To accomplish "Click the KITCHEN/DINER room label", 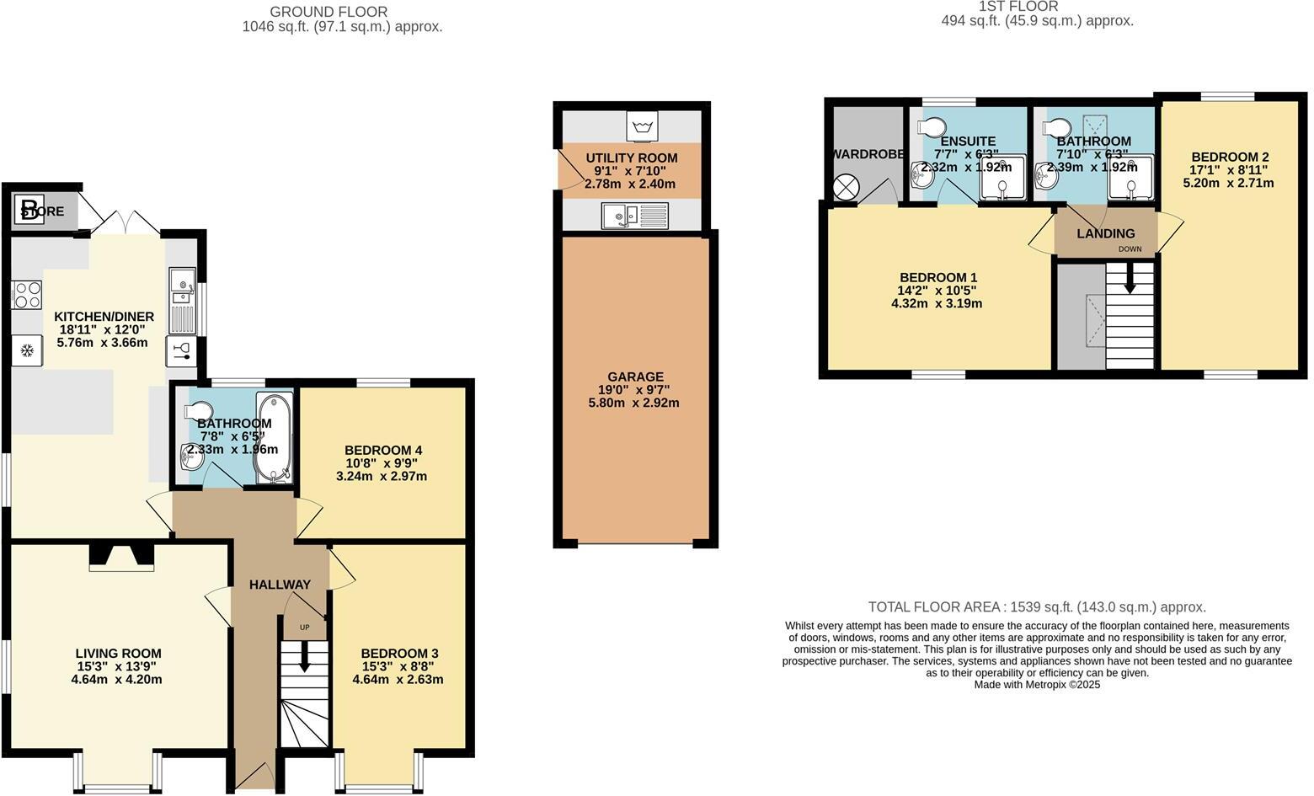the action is (104, 317).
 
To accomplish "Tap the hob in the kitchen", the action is (27, 295).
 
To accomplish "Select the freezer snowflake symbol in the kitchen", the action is (27, 350).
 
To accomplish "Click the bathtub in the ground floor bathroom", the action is (273, 437).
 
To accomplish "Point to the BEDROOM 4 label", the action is (383, 450).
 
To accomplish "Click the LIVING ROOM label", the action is (119, 653).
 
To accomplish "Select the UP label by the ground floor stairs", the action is (304, 627).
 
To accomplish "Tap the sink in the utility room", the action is (635, 216).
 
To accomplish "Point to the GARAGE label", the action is (635, 377).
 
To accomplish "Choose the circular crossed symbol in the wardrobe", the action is (846, 189).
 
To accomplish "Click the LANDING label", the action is (1106, 233).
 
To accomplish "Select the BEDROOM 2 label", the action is (1230, 157).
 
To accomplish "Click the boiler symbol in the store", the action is (29, 209).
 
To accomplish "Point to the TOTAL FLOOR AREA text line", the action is (1037, 607).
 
